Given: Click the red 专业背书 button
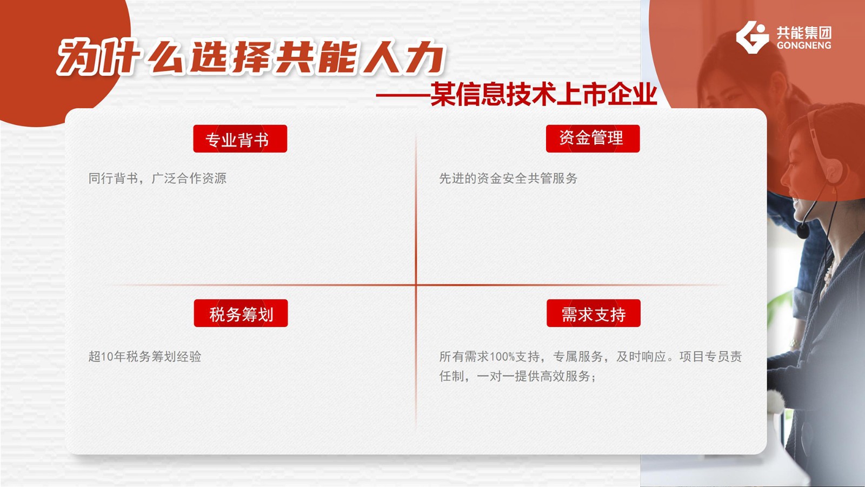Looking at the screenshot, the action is (x=240, y=139).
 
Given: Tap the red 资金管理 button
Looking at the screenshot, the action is (x=593, y=139).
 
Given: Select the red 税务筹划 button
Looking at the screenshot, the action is (x=241, y=313).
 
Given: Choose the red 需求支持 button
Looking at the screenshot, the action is (x=594, y=313).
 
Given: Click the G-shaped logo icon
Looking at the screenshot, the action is (x=752, y=37).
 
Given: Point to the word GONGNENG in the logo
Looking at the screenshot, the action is (x=804, y=45).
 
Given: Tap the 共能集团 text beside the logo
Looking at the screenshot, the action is (x=804, y=33).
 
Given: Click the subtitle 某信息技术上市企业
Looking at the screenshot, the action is (x=543, y=94).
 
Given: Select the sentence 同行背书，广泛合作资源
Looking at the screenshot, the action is (x=157, y=178).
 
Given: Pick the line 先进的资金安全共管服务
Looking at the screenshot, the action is (x=508, y=178).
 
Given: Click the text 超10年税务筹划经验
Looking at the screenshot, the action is (x=145, y=357).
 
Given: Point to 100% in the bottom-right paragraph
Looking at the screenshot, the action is (x=502, y=357).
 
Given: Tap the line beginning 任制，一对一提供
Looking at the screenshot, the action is (x=518, y=376).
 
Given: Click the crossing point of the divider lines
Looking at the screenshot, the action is (x=416, y=285).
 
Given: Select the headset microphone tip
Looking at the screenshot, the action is (x=802, y=232).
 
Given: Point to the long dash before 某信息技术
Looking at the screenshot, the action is (x=403, y=95).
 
